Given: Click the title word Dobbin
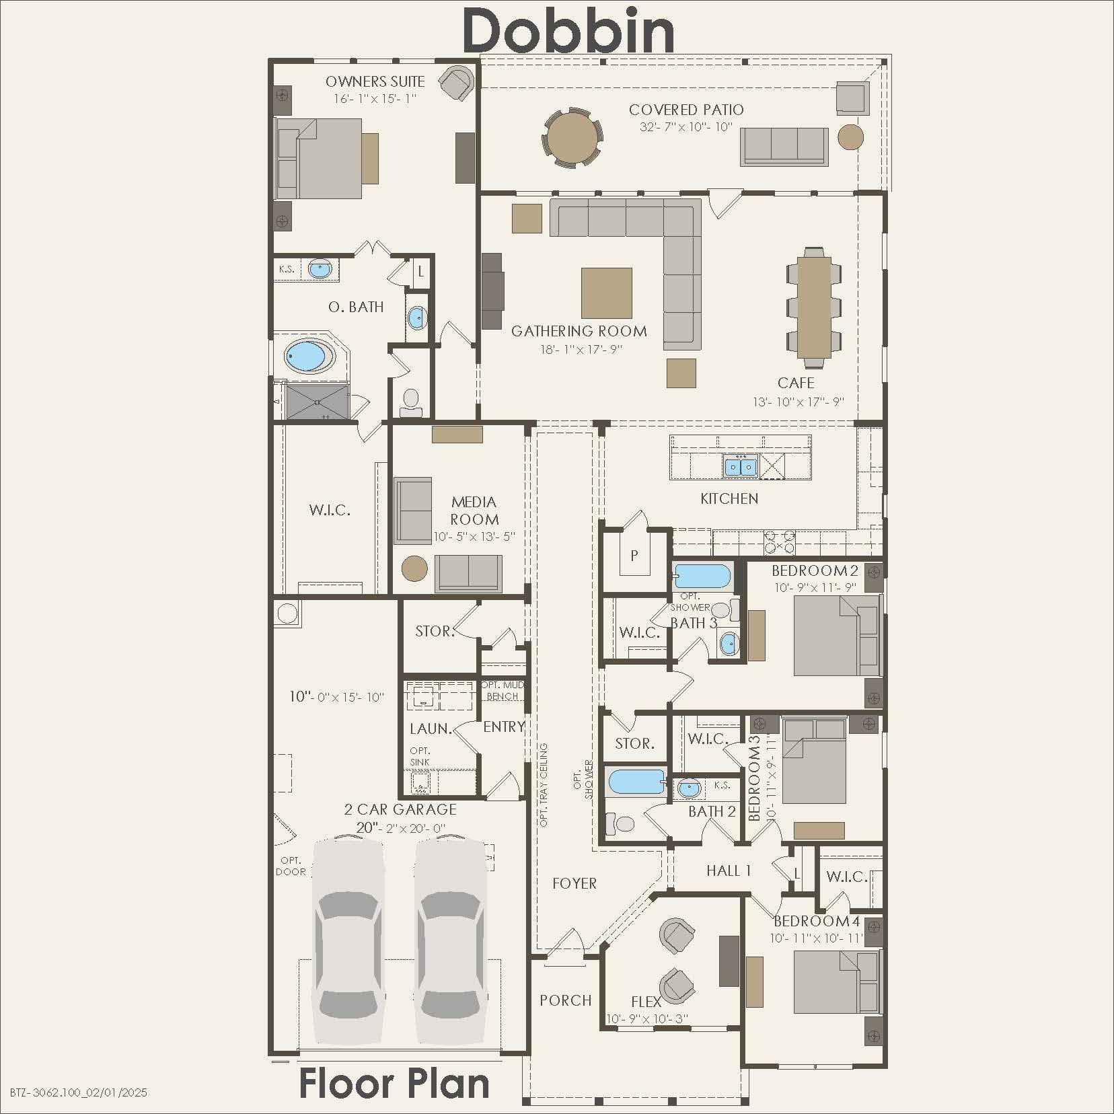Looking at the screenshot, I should (x=568, y=30).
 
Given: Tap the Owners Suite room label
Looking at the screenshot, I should (x=375, y=82).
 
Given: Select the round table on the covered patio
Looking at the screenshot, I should (x=572, y=139).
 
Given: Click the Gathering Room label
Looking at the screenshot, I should (x=579, y=331).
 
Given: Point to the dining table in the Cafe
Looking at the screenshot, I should (x=814, y=307).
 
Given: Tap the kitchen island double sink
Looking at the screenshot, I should (x=739, y=466).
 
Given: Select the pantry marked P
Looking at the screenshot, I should (x=633, y=556).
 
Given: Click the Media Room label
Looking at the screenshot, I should (x=474, y=511).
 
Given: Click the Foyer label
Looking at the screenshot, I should (x=574, y=884).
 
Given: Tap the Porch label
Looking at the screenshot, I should (x=565, y=1000).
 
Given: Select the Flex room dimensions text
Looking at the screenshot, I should (x=646, y=1019).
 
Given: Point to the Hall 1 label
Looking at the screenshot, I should (x=728, y=871).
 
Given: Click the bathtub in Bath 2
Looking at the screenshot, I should (x=636, y=782).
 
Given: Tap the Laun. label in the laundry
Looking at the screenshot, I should (x=430, y=729).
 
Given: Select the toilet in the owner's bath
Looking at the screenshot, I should (x=410, y=400).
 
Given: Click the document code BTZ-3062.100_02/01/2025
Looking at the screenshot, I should (x=79, y=1092).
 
